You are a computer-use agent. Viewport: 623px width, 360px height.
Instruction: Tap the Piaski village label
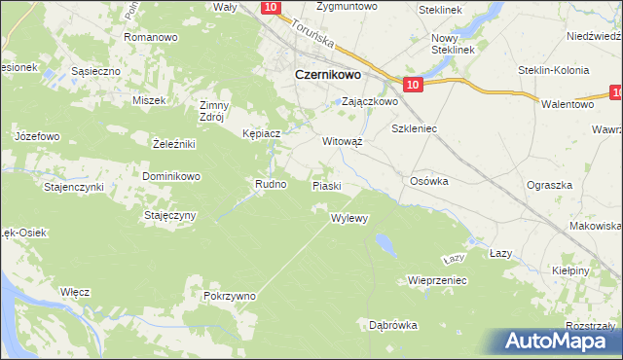click(326, 185)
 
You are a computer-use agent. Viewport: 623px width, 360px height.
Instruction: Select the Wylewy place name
click(349, 218)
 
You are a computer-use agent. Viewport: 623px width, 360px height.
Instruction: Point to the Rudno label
click(271, 183)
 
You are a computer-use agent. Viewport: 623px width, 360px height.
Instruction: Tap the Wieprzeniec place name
click(439, 279)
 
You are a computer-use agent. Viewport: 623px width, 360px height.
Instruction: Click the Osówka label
click(428, 180)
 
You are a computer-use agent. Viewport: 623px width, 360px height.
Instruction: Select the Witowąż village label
click(343, 140)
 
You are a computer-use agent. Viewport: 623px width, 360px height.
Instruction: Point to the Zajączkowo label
click(370, 101)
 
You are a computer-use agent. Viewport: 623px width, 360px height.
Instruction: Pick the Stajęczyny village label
click(171, 214)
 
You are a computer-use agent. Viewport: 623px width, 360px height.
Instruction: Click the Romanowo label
click(151, 37)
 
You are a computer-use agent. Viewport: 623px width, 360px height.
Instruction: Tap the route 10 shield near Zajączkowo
click(413, 86)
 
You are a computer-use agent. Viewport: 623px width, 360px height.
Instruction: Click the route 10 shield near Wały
click(272, 8)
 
